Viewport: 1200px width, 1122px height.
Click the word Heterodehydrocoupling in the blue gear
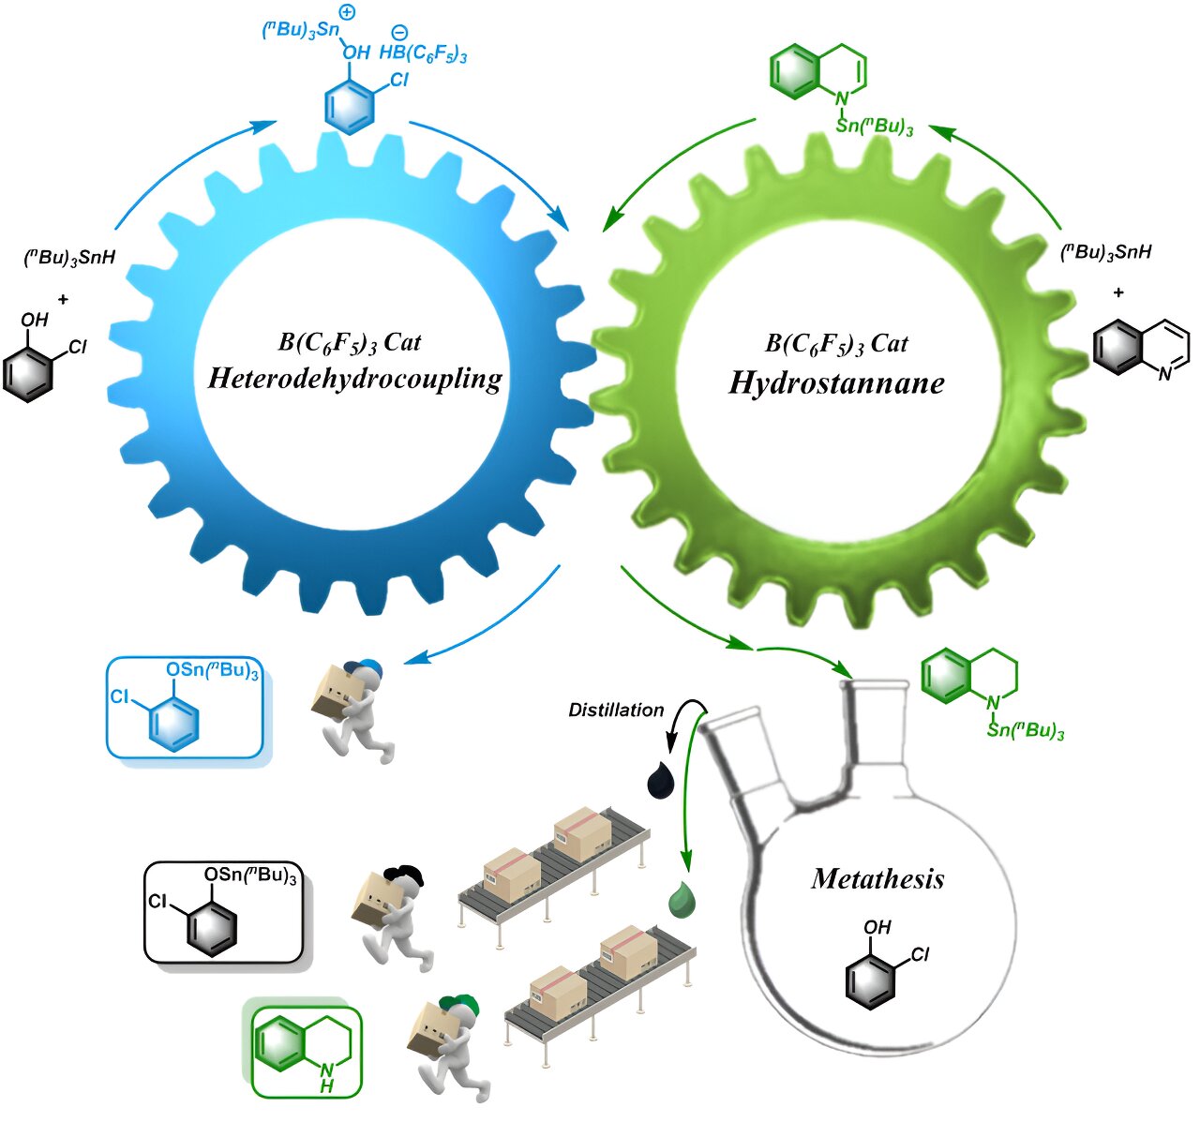click(354, 378)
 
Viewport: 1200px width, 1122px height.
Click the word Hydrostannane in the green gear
click(836, 382)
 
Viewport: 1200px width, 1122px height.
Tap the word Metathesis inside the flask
click(877, 878)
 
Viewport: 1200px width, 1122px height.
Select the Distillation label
click(616, 711)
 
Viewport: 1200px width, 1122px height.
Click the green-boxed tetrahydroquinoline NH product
click(306, 1051)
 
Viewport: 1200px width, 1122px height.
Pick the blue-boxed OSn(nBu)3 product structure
click(185, 706)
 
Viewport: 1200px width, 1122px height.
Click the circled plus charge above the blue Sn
click(346, 13)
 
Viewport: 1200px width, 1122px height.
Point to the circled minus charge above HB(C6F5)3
click(399, 34)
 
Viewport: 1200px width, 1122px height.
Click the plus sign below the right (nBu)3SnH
click(1118, 292)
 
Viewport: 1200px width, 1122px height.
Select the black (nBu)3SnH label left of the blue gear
click(69, 257)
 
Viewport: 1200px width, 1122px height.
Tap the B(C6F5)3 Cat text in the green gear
click(836, 344)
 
